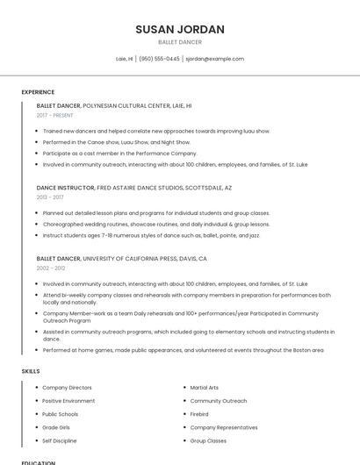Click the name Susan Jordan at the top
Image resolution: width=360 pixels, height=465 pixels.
[180, 30]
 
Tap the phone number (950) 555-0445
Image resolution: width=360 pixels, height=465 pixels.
[159, 59]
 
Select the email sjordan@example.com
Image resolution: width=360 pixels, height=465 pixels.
[214, 59]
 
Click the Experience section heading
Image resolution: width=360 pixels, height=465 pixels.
[38, 92]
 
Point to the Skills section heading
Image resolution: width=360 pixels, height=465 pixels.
[31, 371]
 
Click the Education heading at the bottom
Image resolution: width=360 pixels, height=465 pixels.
[39, 462]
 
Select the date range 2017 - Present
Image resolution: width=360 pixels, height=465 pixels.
[55, 115]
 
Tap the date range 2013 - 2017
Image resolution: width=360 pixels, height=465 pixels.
[50, 197]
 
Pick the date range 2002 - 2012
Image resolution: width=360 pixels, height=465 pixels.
[51, 268]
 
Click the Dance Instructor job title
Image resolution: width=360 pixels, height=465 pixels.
[66, 188]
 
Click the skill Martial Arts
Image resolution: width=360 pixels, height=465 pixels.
[205, 387]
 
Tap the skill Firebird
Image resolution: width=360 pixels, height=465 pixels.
[199, 414]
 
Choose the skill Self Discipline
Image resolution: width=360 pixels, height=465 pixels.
[60, 440]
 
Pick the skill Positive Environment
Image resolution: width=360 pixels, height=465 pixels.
[68, 401]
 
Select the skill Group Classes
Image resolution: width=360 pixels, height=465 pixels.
[208, 440]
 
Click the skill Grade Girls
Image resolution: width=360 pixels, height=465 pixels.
[55, 427]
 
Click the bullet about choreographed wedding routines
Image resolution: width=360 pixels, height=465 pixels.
[144, 224]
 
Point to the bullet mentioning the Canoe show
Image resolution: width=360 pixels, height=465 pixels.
[116, 141]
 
